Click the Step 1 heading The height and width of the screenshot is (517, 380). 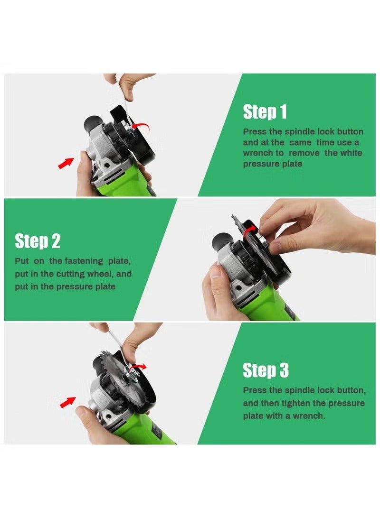pyautogui.click(x=265, y=112)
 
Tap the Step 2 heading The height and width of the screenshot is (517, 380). pyautogui.click(x=38, y=241)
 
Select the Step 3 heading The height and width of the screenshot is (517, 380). pyautogui.click(x=266, y=370)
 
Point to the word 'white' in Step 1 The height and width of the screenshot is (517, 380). pyautogui.click(x=351, y=153)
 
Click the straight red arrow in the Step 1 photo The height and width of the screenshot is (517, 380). pyautogui.click(x=66, y=163)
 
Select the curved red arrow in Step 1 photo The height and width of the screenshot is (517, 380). pyautogui.click(x=140, y=126)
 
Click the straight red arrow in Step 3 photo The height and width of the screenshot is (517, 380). pyautogui.click(x=67, y=402)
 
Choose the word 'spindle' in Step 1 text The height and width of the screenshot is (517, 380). pyautogui.click(x=300, y=132)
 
